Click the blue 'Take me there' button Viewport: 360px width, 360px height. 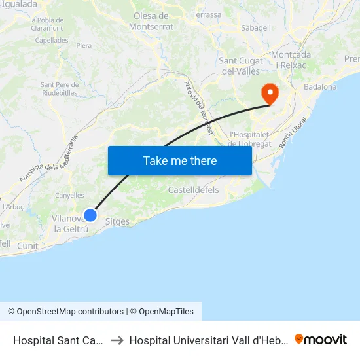pyautogui.click(x=180, y=160)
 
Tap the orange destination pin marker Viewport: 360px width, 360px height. pyautogui.click(x=270, y=93)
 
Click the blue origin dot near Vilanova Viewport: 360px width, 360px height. pyautogui.click(x=91, y=215)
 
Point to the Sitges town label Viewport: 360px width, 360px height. pyautogui.click(x=117, y=221)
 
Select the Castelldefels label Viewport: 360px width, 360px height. pyautogui.click(x=193, y=190)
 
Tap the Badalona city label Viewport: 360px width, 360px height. pyautogui.click(x=320, y=86)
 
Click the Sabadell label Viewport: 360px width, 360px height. pyautogui.click(x=256, y=28)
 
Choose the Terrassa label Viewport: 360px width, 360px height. pyautogui.click(x=207, y=14)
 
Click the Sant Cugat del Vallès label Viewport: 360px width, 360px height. pyautogui.click(x=241, y=66)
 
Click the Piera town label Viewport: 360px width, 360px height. pyautogui.click(x=84, y=46)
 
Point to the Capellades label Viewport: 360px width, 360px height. pyautogui.click(x=52, y=39)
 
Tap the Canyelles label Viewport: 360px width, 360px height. pyautogui.click(x=69, y=195)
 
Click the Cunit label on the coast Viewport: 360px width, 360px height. pyautogui.click(x=28, y=245)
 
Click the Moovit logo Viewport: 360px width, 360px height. pyautogui.click(x=321, y=339)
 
